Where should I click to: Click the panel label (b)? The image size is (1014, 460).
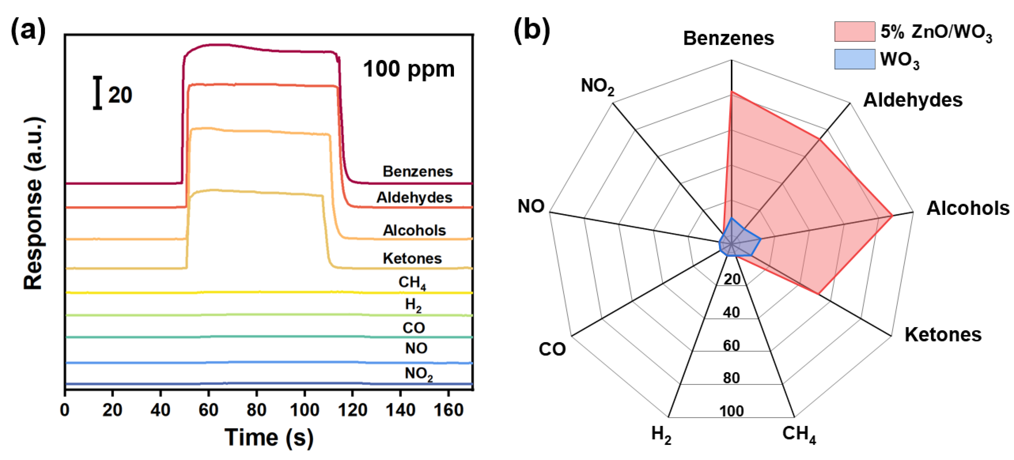click(532, 29)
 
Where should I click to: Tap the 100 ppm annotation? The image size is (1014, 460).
click(409, 69)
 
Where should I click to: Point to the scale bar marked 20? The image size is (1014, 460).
click(98, 93)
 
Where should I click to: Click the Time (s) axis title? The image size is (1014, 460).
click(269, 437)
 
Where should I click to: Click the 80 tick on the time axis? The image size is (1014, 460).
click(256, 410)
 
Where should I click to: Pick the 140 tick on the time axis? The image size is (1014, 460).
click(400, 410)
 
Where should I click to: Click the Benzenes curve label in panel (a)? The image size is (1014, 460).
click(418, 172)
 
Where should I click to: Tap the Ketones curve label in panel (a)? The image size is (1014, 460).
click(412, 258)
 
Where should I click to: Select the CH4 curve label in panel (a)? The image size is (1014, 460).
click(412, 282)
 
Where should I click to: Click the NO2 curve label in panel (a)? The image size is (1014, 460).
click(418, 374)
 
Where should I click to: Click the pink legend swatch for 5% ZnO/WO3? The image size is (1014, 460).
click(854, 31)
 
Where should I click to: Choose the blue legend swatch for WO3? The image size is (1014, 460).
click(854, 59)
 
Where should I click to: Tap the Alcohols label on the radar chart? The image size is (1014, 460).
click(968, 208)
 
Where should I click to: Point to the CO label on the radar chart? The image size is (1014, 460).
click(552, 349)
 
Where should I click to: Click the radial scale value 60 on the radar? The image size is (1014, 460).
click(731, 345)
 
